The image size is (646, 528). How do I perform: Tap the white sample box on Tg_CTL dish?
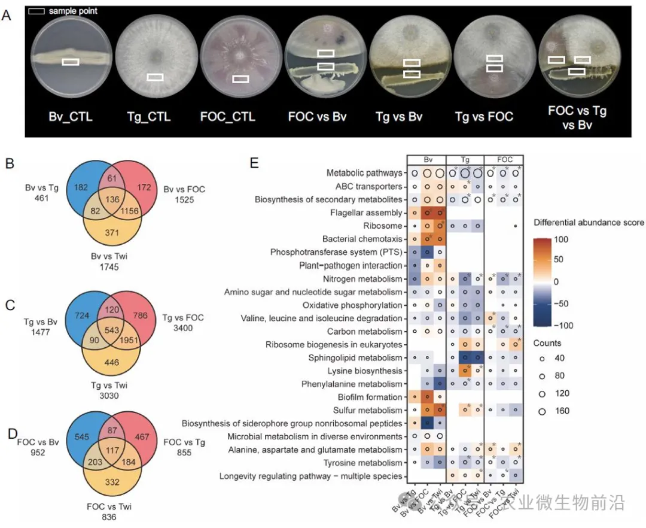(x=155, y=77)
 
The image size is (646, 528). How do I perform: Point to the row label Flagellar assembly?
(x=365, y=213)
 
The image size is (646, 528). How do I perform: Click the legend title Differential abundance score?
(x=588, y=223)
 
